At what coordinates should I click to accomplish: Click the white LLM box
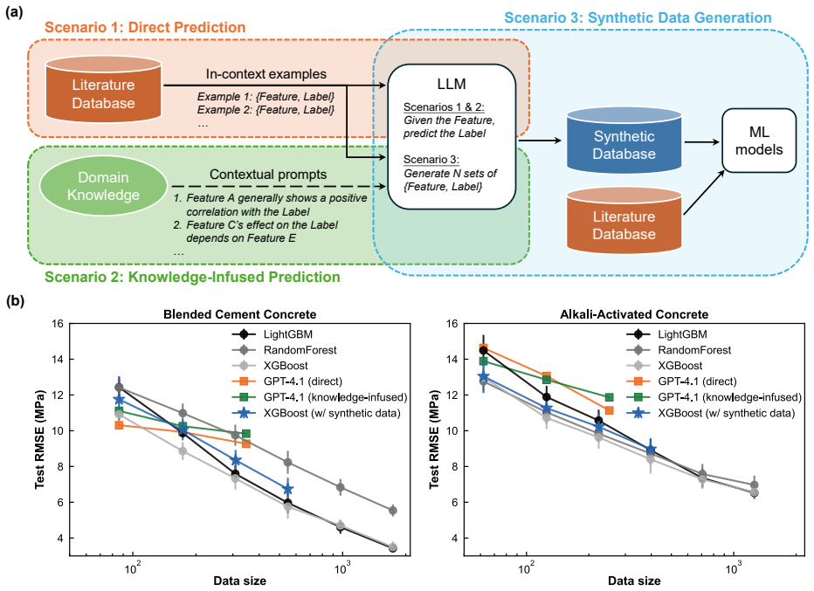pyautogui.click(x=452, y=136)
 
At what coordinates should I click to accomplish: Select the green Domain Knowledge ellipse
pyautogui.click(x=103, y=186)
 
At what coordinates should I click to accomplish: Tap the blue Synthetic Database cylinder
pyautogui.click(x=624, y=140)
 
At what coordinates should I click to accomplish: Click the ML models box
pyautogui.click(x=758, y=141)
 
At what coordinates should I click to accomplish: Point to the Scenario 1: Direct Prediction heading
pyautogui.click(x=145, y=28)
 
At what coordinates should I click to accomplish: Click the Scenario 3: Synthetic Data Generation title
pyautogui.click(x=638, y=17)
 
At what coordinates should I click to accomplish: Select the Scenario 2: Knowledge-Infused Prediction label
pyautogui.click(x=193, y=277)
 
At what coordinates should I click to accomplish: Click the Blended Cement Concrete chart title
pyautogui.click(x=240, y=314)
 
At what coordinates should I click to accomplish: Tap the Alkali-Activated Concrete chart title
pyautogui.click(x=634, y=314)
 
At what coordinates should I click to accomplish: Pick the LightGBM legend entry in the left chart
pyautogui.click(x=272, y=334)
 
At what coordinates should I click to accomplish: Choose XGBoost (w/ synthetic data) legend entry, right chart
pyautogui.click(x=711, y=413)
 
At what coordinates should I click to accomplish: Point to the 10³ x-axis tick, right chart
pyautogui.click(x=733, y=567)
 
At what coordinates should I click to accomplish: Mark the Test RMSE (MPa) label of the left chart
pyautogui.click(x=40, y=439)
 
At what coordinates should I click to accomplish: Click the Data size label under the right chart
pyautogui.click(x=634, y=581)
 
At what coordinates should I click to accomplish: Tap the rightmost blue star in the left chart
pyautogui.click(x=288, y=490)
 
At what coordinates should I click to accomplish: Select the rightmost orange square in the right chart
pyautogui.click(x=609, y=410)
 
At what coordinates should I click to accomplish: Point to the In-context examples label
pyautogui.click(x=266, y=74)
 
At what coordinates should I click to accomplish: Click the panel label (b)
pyautogui.click(x=15, y=301)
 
